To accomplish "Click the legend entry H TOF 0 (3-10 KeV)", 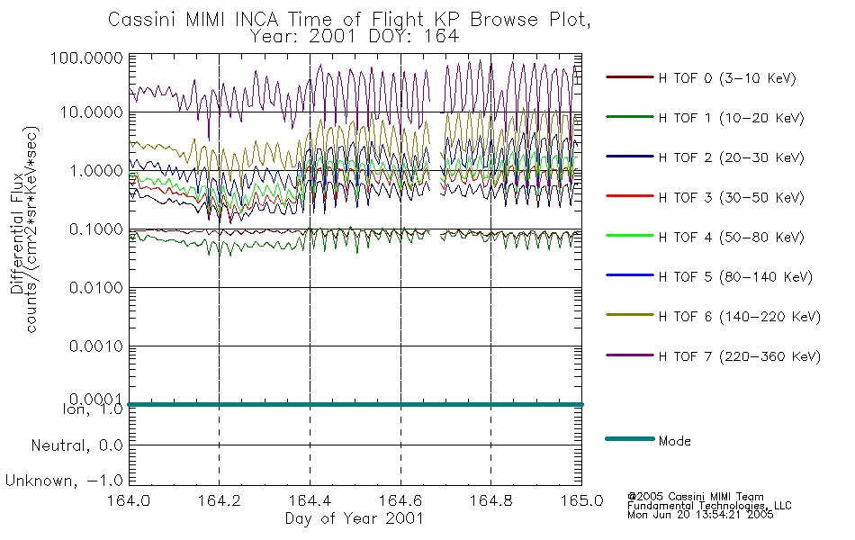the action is coord(727,78).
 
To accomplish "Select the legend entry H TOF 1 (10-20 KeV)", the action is coord(731,118).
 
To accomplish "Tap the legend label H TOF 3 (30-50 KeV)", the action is coord(731,197).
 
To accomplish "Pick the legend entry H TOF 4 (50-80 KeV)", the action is coord(731,238).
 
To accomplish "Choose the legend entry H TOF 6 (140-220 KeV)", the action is coord(740,317).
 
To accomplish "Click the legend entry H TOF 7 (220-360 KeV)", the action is coord(740,356).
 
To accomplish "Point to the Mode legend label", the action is coord(674,441).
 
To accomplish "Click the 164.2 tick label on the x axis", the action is coord(220,500).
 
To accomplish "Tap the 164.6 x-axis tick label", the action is coord(400,500).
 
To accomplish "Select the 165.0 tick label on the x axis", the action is coord(581,500).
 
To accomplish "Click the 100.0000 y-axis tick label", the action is coord(86,58).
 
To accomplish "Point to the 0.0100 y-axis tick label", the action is coord(96,287).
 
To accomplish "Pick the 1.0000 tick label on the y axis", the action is coord(96,171).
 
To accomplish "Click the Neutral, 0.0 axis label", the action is coord(76,445).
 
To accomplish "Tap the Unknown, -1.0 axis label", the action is coord(64,481).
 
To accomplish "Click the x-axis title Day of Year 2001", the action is coord(355,518).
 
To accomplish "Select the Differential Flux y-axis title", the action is coord(17,233).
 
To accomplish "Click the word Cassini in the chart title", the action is coord(143,20).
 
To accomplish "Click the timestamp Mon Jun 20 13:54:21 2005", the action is coord(700,515).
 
